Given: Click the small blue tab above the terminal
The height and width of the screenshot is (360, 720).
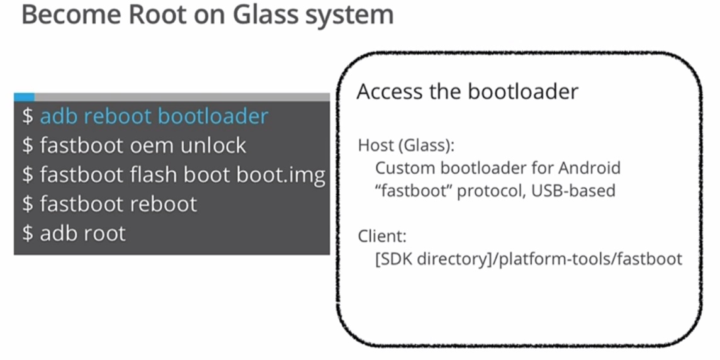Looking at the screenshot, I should tap(24, 97).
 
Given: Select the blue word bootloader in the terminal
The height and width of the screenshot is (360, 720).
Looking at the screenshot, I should tap(213, 116).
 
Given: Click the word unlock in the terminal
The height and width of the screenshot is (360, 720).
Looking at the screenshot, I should tap(213, 145).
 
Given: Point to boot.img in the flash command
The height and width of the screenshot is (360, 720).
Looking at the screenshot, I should tap(281, 174).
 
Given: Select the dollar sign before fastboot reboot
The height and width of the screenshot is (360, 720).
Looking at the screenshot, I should tap(27, 204).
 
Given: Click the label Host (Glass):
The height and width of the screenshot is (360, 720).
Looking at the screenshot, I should tap(406, 145).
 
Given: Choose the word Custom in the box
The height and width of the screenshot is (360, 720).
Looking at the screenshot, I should tap(400, 168).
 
